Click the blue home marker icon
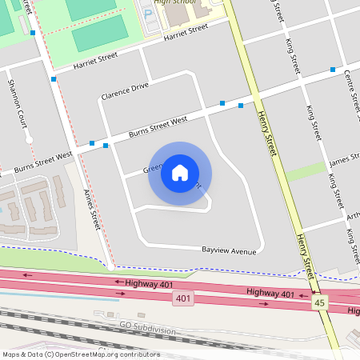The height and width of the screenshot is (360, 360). pyautogui.click(x=180, y=173)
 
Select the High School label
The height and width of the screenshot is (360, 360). pyautogui.click(x=175, y=2)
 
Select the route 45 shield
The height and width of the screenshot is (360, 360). pyautogui.click(x=320, y=303)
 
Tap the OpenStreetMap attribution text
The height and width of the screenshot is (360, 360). pyautogui.click(x=80, y=354)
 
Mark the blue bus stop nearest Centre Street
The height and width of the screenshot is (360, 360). pyautogui.click(x=333, y=70)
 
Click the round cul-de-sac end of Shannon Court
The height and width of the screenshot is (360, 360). pyautogui.click(x=29, y=140)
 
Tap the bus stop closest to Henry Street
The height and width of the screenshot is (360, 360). pyautogui.click(x=241, y=106)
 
